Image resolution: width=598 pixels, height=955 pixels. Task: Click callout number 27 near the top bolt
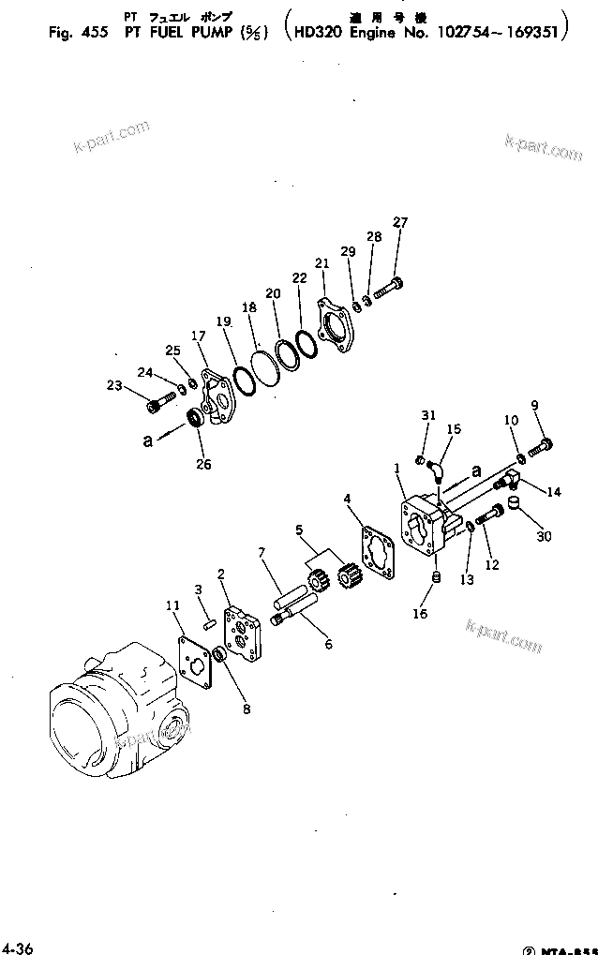(400, 222)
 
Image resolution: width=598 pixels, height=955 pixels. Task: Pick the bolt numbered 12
(493, 515)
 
